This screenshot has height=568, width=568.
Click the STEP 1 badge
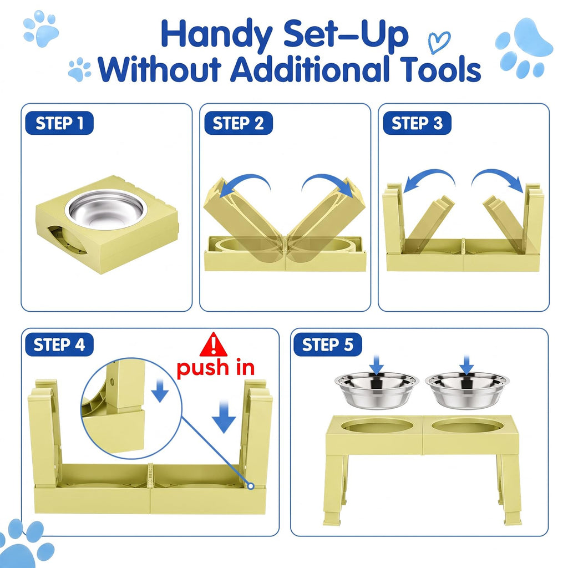59,123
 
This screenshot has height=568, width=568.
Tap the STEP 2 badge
239,123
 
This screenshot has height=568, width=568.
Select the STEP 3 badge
417,123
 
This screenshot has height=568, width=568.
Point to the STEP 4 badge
59,344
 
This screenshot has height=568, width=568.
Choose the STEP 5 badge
327,344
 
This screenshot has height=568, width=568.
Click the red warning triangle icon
214,344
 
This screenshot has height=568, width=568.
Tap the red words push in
216,369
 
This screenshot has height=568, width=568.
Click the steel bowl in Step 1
104,210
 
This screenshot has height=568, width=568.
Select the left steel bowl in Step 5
377,390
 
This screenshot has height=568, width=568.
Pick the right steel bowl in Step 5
467,390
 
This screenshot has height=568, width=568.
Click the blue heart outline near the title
439,42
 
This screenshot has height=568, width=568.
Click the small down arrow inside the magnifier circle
160,391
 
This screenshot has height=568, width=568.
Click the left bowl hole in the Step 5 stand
377,425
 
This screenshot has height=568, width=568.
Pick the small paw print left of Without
80,69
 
